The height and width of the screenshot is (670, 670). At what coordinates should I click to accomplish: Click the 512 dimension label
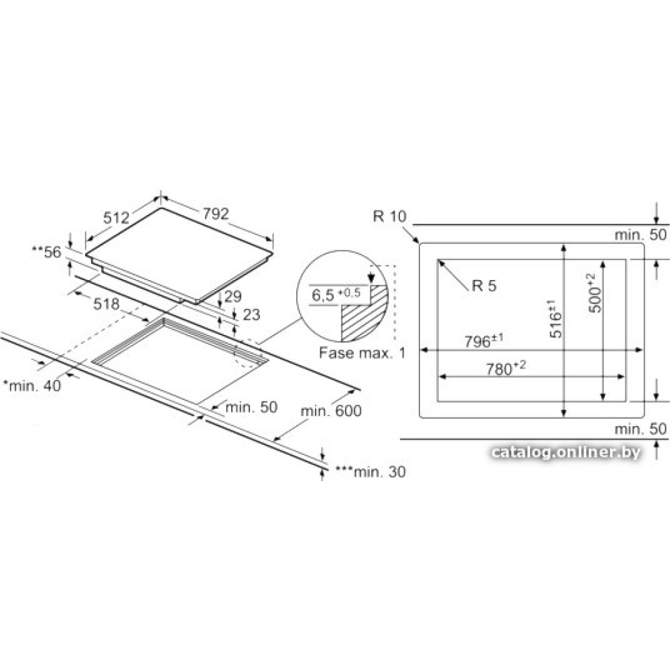click(x=116, y=218)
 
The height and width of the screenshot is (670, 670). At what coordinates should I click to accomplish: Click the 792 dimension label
click(x=216, y=214)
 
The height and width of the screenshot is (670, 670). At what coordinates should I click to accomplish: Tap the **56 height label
click(x=47, y=252)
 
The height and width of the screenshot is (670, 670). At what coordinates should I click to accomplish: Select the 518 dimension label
click(x=107, y=304)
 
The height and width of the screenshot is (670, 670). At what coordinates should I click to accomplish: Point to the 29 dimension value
click(x=233, y=296)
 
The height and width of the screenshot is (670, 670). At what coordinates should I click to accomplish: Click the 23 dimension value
click(x=251, y=314)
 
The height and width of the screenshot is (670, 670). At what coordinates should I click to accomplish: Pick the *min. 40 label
click(x=32, y=386)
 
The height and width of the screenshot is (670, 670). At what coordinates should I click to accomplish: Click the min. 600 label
click(x=331, y=411)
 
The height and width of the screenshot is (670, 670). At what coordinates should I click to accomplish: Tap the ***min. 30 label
click(x=371, y=472)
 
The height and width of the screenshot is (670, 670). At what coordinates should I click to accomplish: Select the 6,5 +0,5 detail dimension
click(x=336, y=294)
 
